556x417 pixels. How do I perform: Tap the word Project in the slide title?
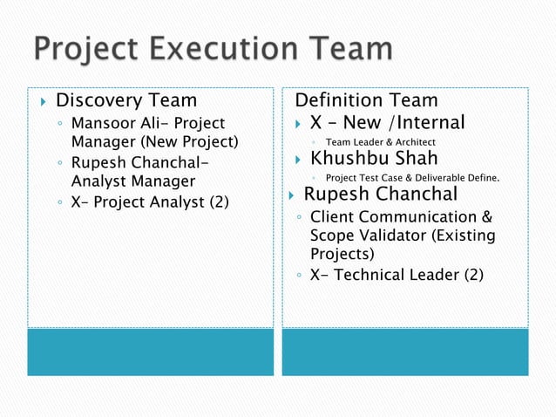tap(82, 49)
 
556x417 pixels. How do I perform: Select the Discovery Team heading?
tap(126, 101)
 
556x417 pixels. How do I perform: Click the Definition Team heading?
tap(367, 101)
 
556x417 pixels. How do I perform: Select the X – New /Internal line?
tap(387, 122)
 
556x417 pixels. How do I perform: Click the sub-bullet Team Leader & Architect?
tap(380, 142)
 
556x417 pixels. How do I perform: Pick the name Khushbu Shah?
tap(374, 159)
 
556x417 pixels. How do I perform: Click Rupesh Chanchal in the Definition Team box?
tap(380, 194)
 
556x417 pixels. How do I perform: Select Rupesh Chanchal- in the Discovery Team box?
tap(140, 162)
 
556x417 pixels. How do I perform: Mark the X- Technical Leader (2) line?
tap(397, 275)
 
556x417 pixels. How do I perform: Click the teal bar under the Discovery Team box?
tap(150, 351)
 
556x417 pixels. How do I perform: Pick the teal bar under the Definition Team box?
tap(405, 351)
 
